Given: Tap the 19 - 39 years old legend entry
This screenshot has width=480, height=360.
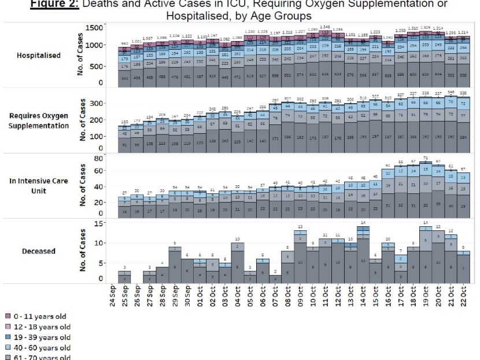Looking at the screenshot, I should [x=38, y=337].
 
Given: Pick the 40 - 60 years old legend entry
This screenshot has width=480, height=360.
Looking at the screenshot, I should [x=38, y=347].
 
